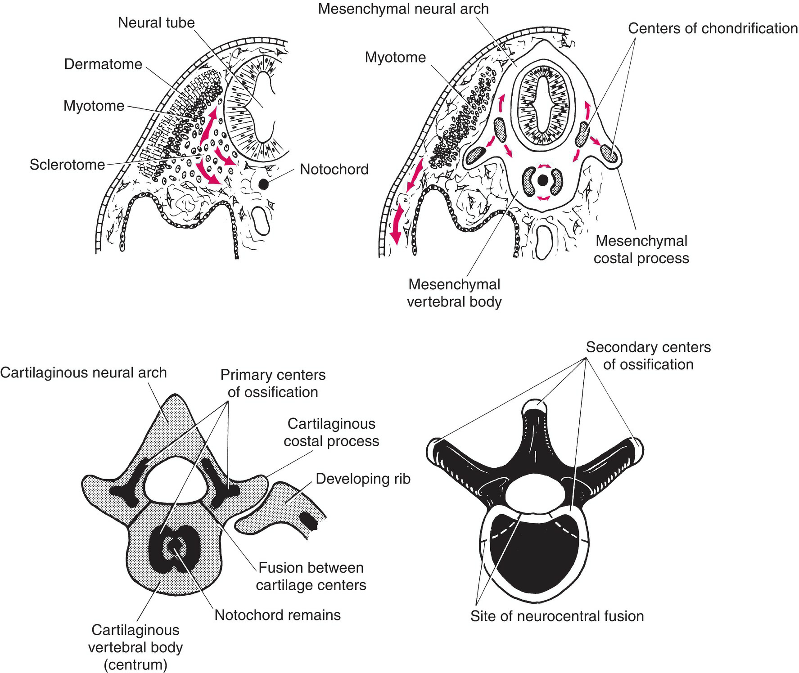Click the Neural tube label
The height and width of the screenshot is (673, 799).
pos(156,22)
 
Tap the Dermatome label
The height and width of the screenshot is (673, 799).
pos(103,64)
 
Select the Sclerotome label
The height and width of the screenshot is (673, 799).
pos(68,165)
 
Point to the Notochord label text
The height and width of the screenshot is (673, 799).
pos(334,170)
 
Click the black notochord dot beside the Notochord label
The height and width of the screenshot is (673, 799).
pos(263,184)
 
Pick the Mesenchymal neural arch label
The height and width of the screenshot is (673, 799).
pos(403,9)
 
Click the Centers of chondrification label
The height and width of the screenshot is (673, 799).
pos(713,29)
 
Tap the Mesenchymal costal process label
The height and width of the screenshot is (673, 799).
pos(641,250)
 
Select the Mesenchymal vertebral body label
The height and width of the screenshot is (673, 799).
pos(454,293)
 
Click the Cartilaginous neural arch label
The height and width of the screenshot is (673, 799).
pos(84,373)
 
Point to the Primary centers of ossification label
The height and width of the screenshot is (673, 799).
pos(273,383)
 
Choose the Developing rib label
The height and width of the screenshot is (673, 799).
pos(363,479)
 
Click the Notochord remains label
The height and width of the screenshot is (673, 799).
pos(277,615)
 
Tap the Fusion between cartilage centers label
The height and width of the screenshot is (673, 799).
pos(311,576)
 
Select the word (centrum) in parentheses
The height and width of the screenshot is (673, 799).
pos(135,665)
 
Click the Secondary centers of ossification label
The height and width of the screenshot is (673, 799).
pos(648,356)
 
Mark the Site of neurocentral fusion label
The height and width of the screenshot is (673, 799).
pos(557,616)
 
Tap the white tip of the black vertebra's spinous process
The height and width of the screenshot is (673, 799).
pos(534,406)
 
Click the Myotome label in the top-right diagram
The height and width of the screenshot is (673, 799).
pos(395,58)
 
